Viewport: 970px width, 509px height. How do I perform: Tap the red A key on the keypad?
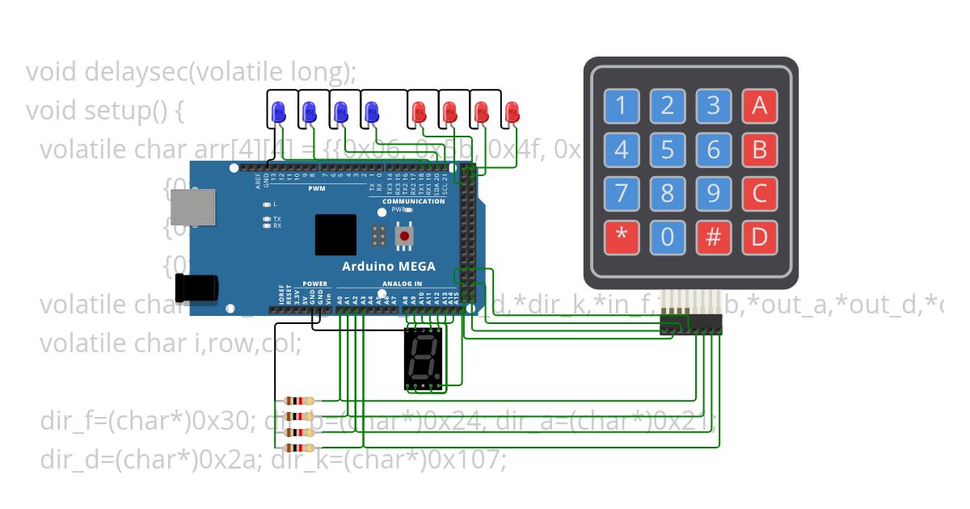click(x=759, y=106)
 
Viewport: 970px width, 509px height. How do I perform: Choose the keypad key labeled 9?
click(x=713, y=194)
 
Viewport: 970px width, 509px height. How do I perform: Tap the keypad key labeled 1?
click(x=621, y=106)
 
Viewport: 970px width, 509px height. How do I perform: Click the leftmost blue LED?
click(x=278, y=111)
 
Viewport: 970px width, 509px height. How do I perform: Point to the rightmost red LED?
click(x=511, y=111)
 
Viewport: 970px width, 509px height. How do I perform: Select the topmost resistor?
click(x=301, y=401)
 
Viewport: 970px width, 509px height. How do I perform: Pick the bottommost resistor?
click(x=301, y=448)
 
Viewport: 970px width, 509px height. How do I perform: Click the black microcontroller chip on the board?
click(x=335, y=235)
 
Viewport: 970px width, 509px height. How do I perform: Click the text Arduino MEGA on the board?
click(x=388, y=267)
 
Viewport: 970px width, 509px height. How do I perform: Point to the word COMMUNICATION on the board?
click(x=414, y=201)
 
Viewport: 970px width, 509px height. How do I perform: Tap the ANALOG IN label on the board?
click(x=401, y=284)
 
